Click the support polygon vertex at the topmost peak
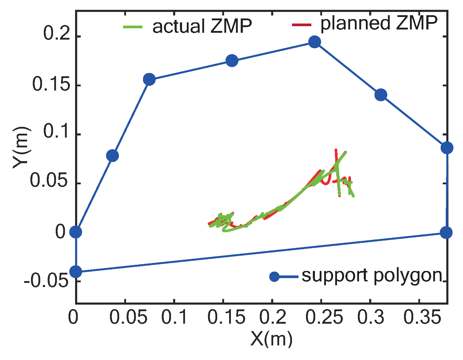(x=314, y=42)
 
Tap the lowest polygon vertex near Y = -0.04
(x=76, y=272)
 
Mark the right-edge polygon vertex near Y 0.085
(x=447, y=148)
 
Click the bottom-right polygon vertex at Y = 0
(x=446, y=232)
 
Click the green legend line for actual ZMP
(x=133, y=27)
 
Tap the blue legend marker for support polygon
(x=274, y=277)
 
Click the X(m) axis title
(x=271, y=339)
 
